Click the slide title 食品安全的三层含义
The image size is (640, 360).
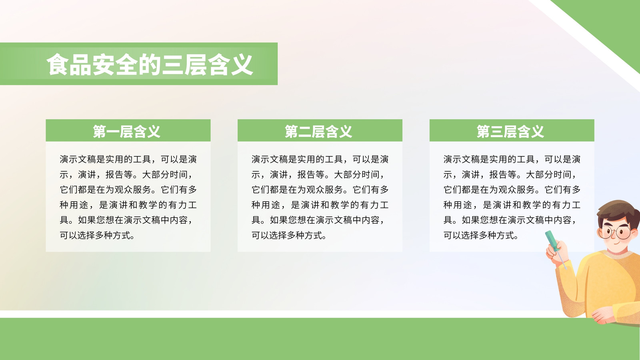pyautogui.click(x=150, y=64)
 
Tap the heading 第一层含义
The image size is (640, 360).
pyautogui.click(x=126, y=132)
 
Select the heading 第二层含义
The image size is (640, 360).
pyautogui.click(x=318, y=132)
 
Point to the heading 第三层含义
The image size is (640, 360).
pyautogui.click(x=510, y=132)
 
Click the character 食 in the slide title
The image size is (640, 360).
pyautogui.click(x=58, y=64)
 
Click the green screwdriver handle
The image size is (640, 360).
pyautogui.click(x=552, y=240)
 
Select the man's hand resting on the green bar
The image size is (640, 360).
pyautogui.click(x=603, y=316)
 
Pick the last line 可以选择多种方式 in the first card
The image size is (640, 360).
pyautogui.click(x=97, y=236)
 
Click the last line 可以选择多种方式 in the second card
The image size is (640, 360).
pyautogui.click(x=289, y=236)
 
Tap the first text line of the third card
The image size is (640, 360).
pyautogui.click(x=512, y=159)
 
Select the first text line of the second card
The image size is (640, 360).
pyautogui.click(x=320, y=159)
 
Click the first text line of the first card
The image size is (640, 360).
pyautogui.click(x=128, y=159)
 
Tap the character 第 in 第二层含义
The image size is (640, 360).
pyautogui.click(x=291, y=132)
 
